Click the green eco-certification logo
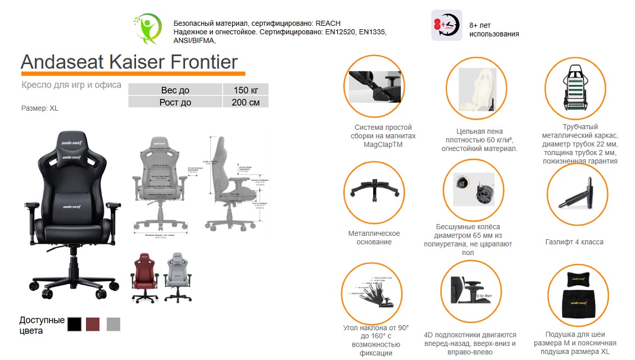[x=148, y=29]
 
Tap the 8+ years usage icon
[x=446, y=25]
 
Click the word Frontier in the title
[x=203, y=62]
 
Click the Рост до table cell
[x=176, y=102]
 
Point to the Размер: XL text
[x=39, y=108]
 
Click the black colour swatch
[x=74, y=324]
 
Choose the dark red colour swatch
[x=93, y=324]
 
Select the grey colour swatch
[x=114, y=324]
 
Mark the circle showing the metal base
[x=374, y=193]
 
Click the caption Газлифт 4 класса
[x=574, y=242]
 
